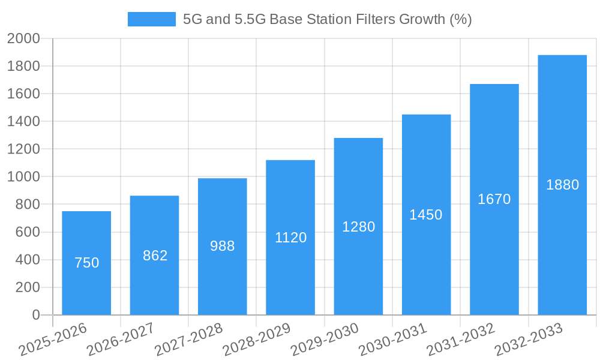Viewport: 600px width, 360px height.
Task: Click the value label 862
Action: tap(155, 256)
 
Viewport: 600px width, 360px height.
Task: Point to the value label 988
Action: tap(223, 246)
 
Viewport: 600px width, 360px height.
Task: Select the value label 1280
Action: tap(358, 227)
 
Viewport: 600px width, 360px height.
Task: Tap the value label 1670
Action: tap(494, 199)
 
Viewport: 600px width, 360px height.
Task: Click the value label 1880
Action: tap(562, 185)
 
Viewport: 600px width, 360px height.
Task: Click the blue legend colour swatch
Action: tap(151, 19)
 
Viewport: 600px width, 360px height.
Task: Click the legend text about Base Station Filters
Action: tap(327, 19)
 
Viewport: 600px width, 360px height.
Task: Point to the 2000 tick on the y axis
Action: tap(23, 38)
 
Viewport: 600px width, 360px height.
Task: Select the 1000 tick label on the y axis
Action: tap(23, 177)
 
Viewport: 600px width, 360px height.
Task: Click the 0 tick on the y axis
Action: tap(36, 315)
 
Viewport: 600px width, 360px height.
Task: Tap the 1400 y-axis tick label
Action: tap(23, 122)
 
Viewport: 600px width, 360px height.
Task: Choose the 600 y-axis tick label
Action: tap(28, 232)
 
